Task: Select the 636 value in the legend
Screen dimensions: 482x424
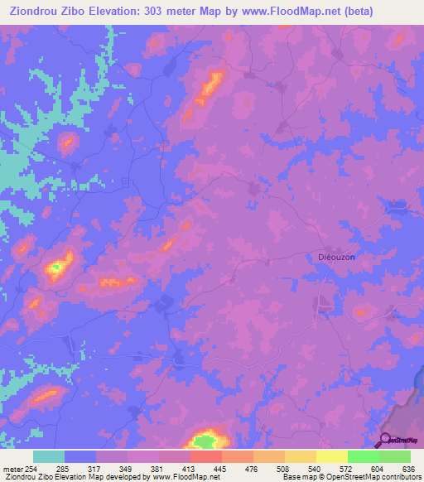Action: click(x=406, y=470)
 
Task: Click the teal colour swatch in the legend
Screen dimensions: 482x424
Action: click(x=48, y=456)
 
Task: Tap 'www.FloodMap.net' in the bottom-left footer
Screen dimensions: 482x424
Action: click(x=181, y=478)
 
